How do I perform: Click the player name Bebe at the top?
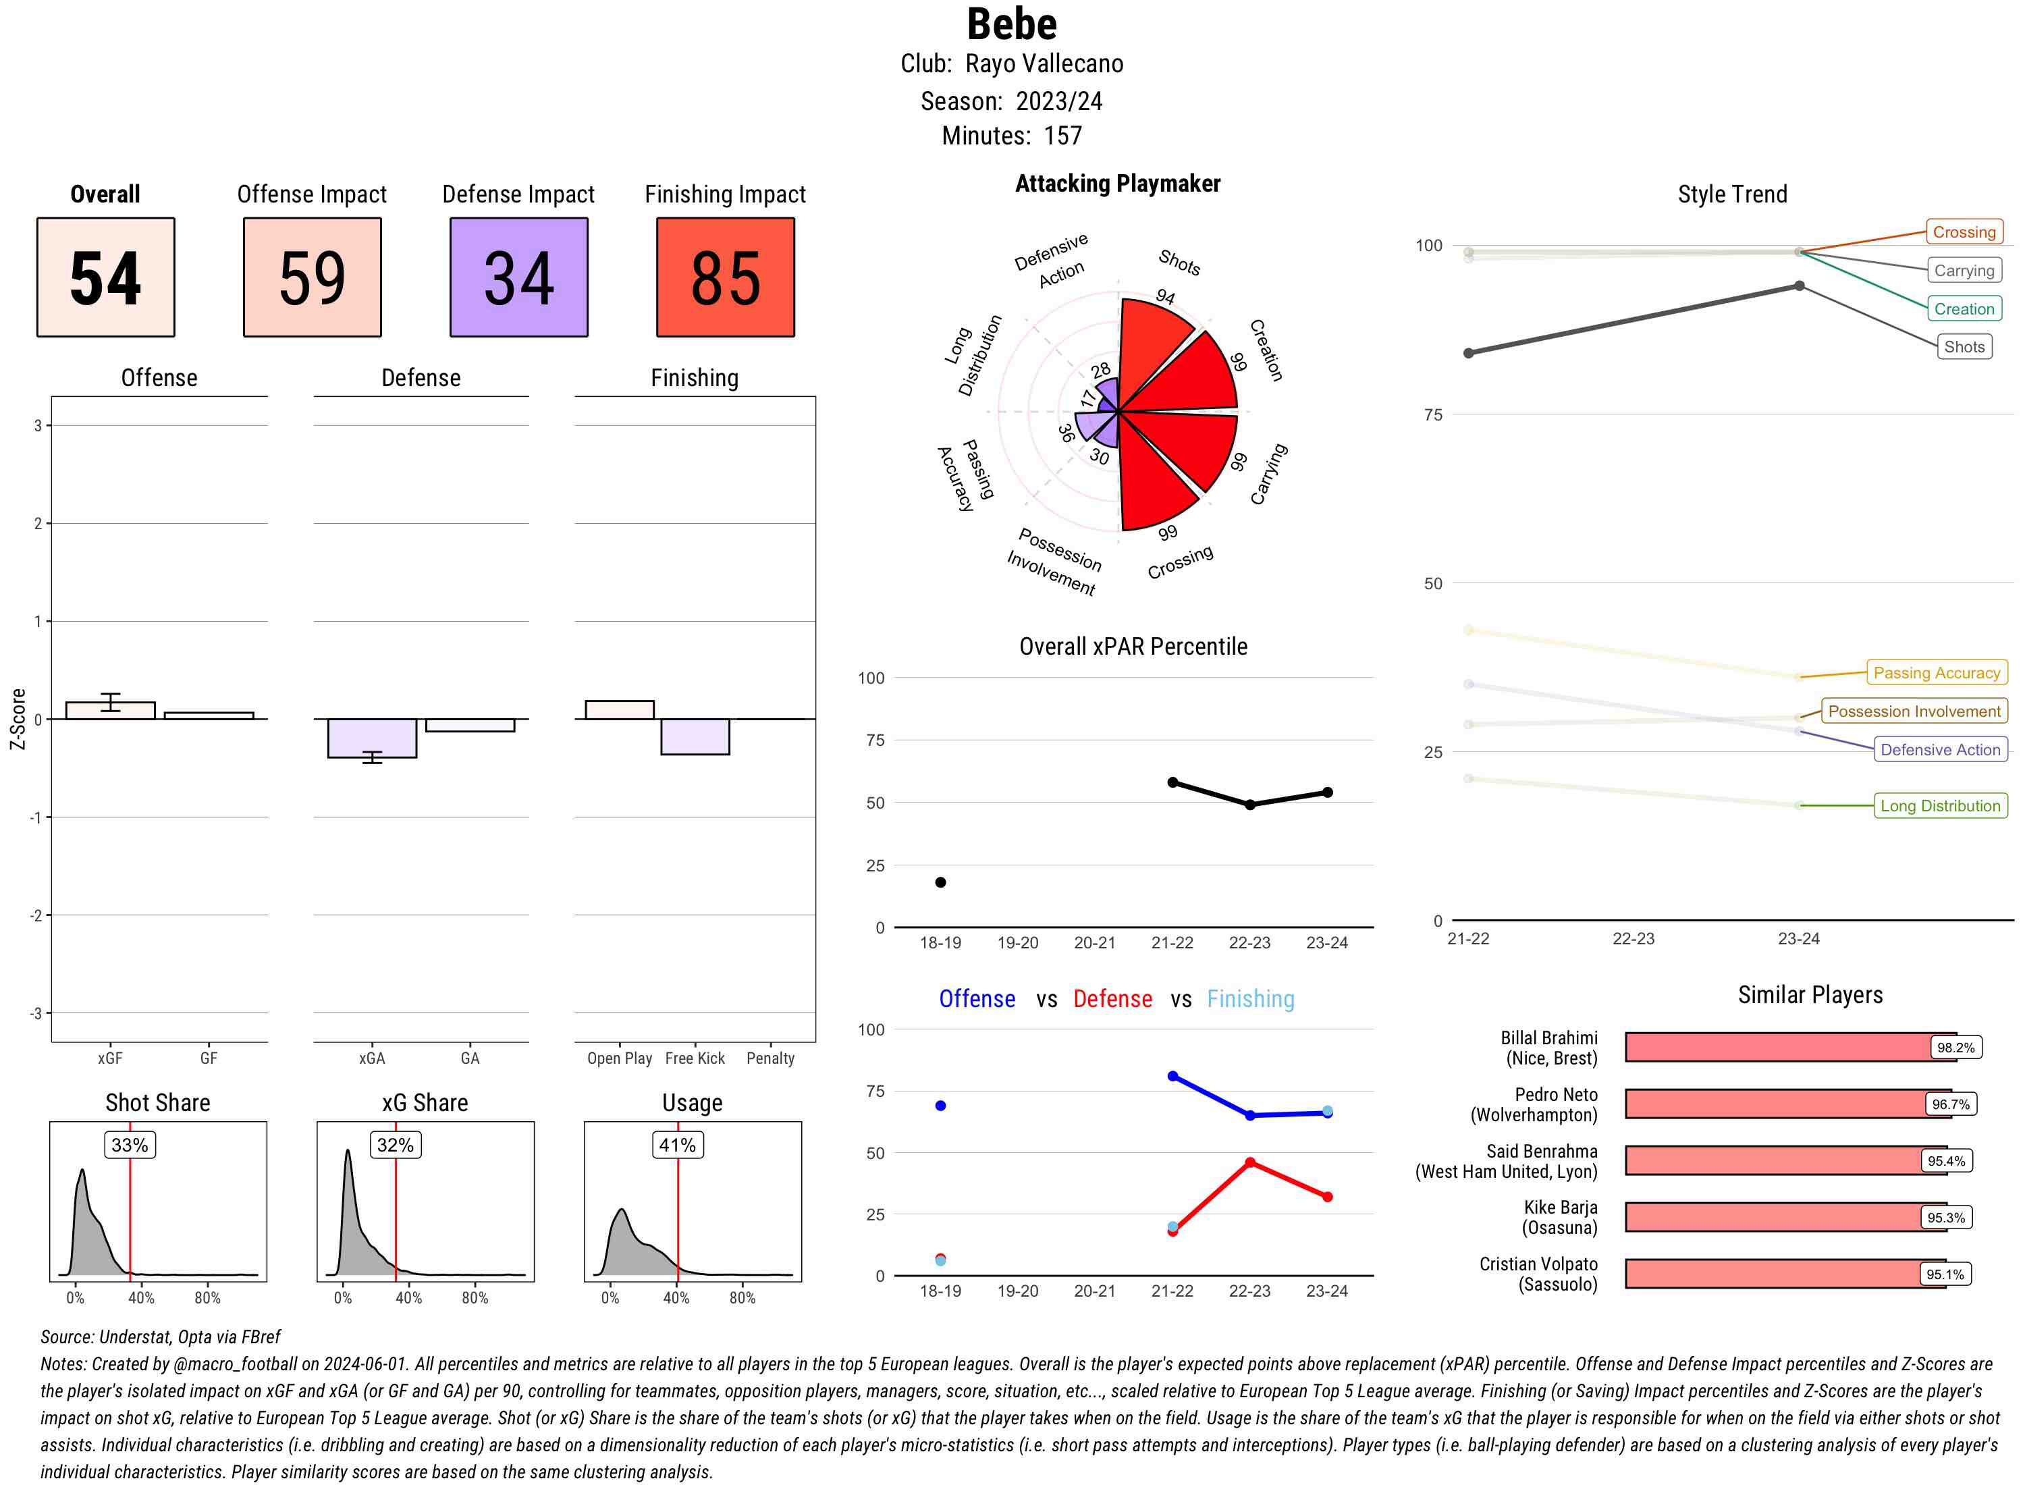click(x=1011, y=24)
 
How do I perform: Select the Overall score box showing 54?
click(x=105, y=277)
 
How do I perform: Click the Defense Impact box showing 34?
click(x=518, y=277)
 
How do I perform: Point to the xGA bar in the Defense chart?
click(x=371, y=738)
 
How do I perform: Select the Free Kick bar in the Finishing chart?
click(x=695, y=736)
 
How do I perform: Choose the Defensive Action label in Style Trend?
click(x=1940, y=750)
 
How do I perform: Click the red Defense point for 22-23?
click(x=1249, y=1162)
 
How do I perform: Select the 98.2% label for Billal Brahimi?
click(x=1955, y=1047)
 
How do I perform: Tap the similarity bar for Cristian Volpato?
click(x=1784, y=1274)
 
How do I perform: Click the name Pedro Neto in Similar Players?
click(x=1555, y=1095)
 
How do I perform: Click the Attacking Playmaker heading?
click(x=1117, y=184)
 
